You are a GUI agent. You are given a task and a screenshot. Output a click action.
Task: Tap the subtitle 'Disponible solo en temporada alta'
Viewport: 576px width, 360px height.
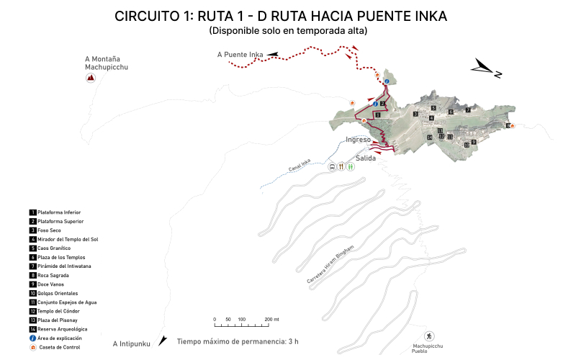(x=288, y=31)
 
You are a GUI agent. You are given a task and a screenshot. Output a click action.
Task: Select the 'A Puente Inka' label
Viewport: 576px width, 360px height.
(x=240, y=54)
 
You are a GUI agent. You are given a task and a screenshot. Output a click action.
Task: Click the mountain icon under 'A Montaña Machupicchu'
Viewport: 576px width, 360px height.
(x=91, y=78)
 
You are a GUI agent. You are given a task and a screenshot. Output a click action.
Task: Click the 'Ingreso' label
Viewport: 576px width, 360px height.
(x=358, y=139)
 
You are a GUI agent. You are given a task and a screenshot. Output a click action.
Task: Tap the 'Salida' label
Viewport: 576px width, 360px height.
(x=366, y=158)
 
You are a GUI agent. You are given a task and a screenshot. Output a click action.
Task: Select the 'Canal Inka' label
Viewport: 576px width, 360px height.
(x=300, y=166)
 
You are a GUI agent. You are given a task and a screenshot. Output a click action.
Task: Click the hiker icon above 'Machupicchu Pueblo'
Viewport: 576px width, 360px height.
(x=428, y=336)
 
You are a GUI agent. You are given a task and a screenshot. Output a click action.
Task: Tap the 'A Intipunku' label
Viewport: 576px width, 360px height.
(x=131, y=344)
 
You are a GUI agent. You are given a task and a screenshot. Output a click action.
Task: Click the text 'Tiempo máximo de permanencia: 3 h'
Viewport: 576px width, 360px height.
(x=238, y=341)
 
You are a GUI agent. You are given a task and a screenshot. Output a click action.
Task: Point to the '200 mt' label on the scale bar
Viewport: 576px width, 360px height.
(x=271, y=319)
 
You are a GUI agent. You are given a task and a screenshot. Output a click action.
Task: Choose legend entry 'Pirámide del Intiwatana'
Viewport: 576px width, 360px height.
(x=64, y=266)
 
